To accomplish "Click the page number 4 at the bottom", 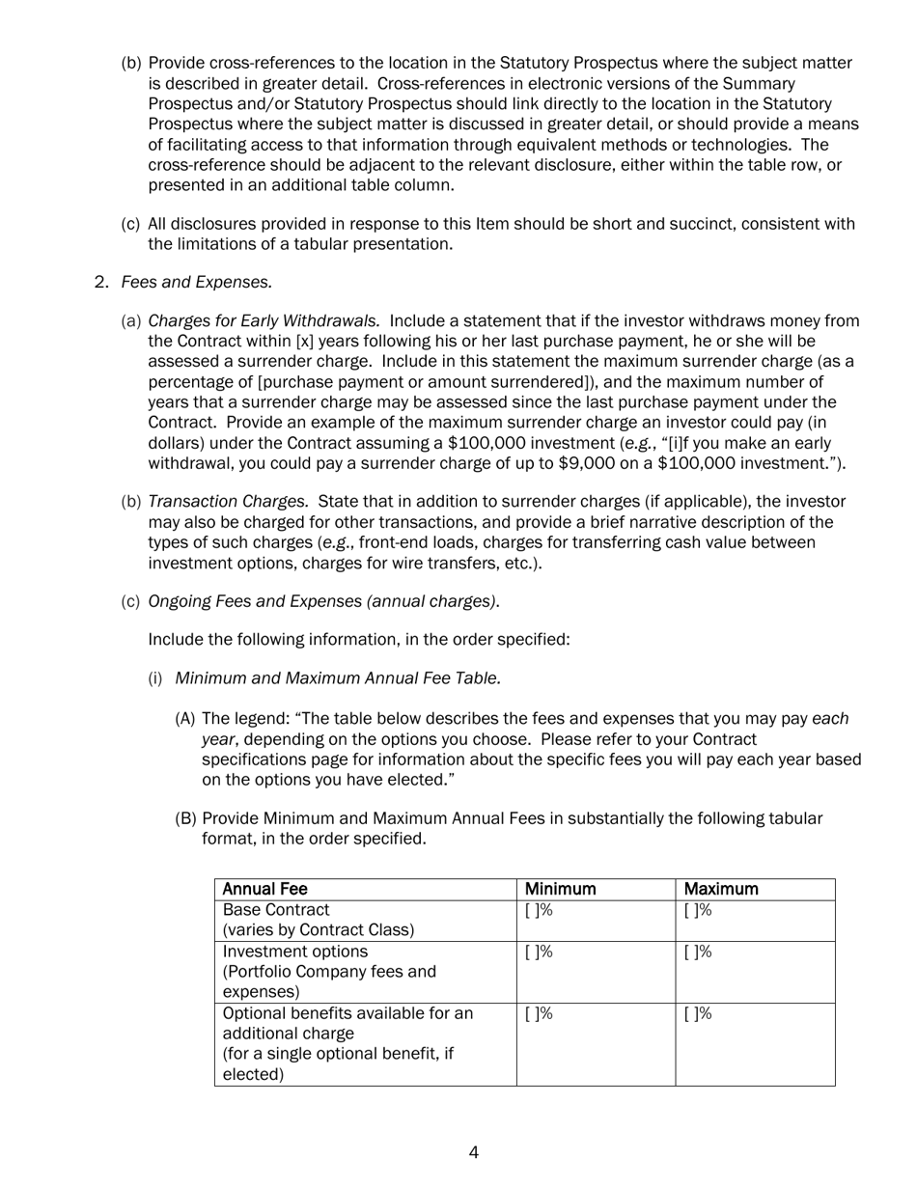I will click(473, 1152).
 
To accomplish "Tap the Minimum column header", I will click(560, 889).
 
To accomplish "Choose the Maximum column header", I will click(720, 889).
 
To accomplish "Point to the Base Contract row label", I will click(276, 910).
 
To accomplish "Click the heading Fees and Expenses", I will click(196, 282).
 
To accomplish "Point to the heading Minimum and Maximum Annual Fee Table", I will click(338, 678).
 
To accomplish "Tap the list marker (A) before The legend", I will click(184, 719).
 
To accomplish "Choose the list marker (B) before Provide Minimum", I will click(184, 819).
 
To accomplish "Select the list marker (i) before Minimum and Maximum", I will click(155, 678).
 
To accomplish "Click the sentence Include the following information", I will click(359, 640).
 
